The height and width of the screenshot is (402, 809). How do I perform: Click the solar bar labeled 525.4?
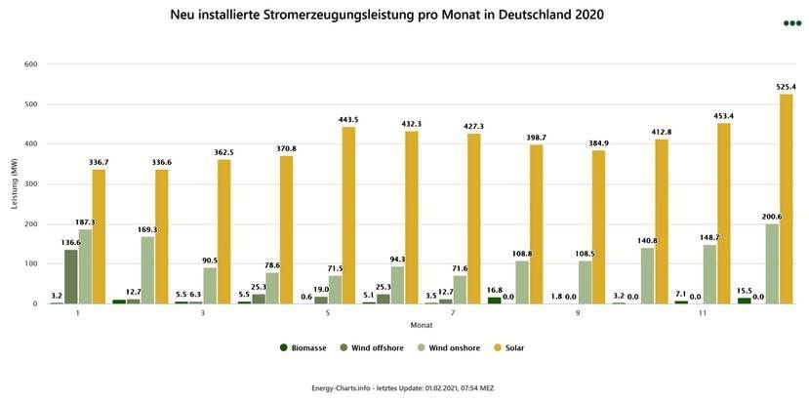click(786, 199)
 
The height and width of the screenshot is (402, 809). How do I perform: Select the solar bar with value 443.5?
click(348, 216)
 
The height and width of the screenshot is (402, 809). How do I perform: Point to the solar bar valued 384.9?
click(598, 227)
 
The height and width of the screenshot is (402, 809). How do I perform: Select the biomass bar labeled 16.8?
click(494, 301)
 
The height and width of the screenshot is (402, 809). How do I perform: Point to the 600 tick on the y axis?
click(30, 64)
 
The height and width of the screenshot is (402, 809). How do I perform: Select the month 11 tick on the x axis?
click(703, 314)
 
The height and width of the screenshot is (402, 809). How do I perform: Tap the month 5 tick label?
click(328, 314)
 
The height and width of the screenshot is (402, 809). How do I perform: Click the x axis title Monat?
click(422, 325)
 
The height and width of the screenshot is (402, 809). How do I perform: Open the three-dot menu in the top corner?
click(790, 23)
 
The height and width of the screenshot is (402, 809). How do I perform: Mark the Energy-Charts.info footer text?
click(404, 387)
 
